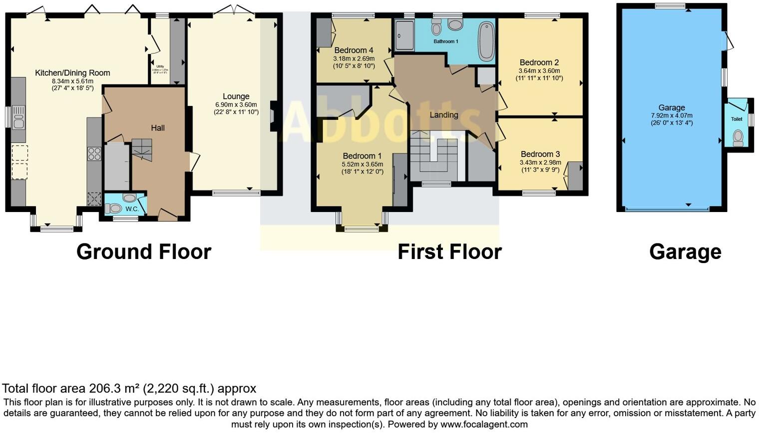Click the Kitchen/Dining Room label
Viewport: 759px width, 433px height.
click(72, 73)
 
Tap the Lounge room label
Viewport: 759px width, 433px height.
click(236, 96)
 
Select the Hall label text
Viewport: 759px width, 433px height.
click(158, 128)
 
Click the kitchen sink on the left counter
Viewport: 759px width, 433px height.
click(18, 118)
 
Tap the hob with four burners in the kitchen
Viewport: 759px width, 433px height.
click(94, 153)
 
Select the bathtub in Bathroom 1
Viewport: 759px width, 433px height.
click(485, 40)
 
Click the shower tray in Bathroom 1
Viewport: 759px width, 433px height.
click(404, 35)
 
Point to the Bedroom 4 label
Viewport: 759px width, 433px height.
click(354, 50)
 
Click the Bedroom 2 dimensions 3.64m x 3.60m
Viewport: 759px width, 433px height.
click(539, 70)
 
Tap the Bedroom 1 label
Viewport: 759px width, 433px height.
click(362, 155)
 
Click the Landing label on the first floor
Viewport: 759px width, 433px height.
click(444, 115)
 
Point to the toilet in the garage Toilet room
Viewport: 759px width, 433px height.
click(738, 138)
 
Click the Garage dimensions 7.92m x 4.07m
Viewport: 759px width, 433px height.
click(672, 115)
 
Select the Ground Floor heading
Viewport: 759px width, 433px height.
click(144, 251)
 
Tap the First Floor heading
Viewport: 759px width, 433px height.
click(449, 251)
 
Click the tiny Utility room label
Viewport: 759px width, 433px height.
click(160, 66)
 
